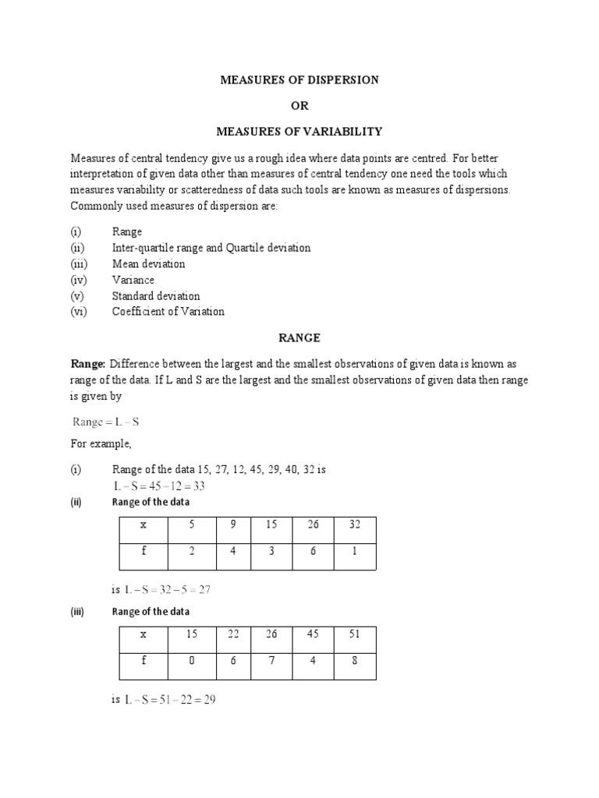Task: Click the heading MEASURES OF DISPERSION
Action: [x=300, y=79]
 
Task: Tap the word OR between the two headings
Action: [x=300, y=105]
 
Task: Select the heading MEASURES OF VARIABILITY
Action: [x=300, y=130]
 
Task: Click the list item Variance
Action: [x=133, y=280]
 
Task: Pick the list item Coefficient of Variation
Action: [x=168, y=312]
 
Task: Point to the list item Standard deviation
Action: [x=156, y=296]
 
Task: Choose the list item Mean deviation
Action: [x=149, y=264]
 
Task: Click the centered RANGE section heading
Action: [x=300, y=338]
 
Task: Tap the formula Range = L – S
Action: [x=105, y=422]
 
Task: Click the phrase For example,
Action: [x=101, y=443]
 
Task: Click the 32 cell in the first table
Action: [x=356, y=526]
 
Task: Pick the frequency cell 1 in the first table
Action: [x=356, y=556]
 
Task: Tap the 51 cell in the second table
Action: [x=356, y=635]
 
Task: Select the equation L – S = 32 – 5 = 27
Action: [x=168, y=590]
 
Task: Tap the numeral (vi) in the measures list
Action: [x=80, y=312]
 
